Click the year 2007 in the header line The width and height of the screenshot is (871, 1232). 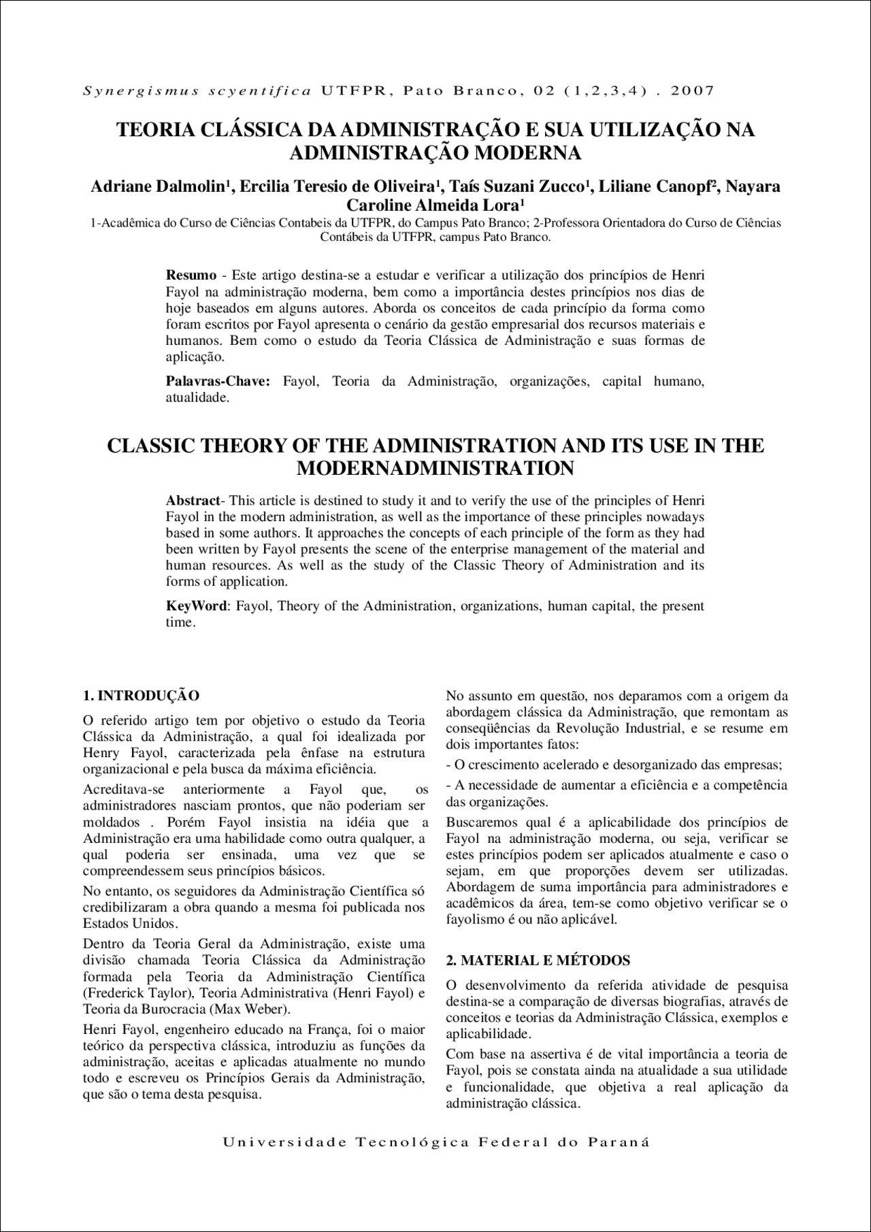[693, 90]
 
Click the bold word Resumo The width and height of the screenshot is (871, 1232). [191, 276]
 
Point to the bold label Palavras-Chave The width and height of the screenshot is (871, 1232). [218, 382]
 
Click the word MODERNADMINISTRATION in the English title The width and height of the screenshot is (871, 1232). [435, 469]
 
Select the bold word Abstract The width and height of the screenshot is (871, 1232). [193, 501]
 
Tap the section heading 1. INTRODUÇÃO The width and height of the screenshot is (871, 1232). [141, 696]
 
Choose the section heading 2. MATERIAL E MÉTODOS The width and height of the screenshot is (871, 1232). [538, 961]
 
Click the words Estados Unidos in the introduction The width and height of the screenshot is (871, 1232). [129, 924]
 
